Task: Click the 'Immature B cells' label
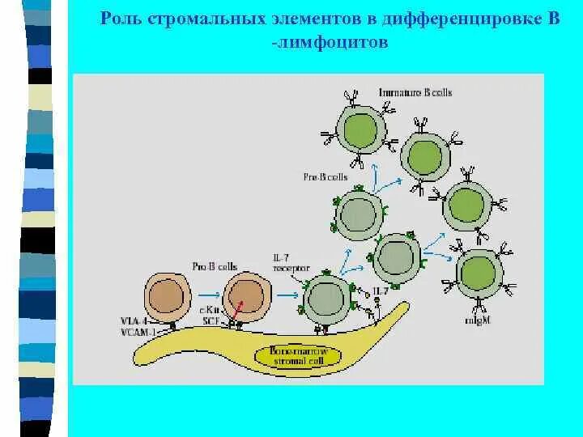[415, 92]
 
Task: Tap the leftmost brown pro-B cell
[167, 297]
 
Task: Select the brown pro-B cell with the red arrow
[246, 297]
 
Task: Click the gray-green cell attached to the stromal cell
[326, 298]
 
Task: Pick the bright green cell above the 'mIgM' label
[479, 274]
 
